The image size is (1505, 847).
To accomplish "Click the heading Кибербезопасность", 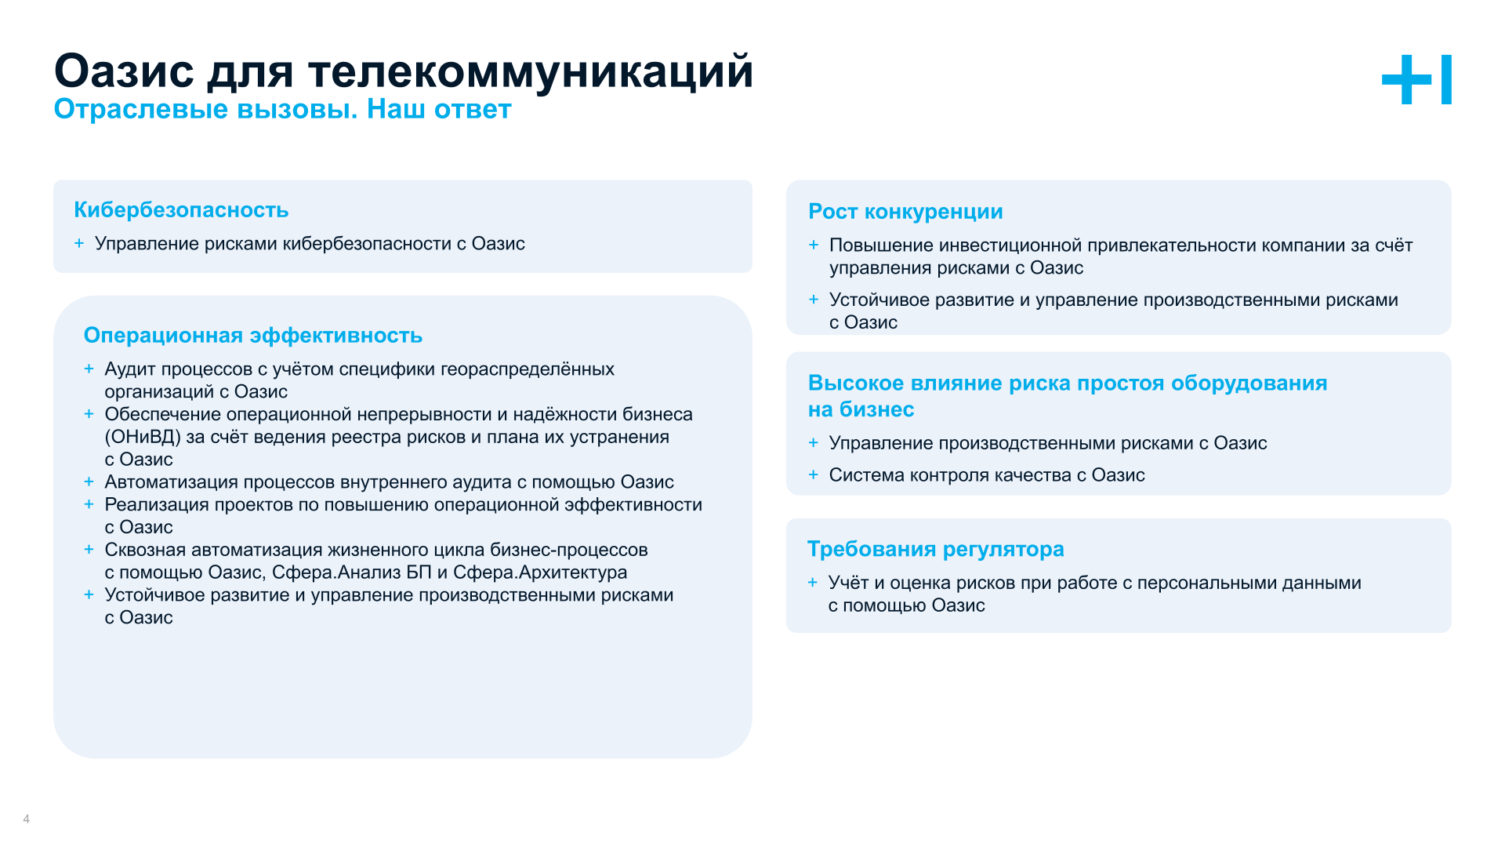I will pyautogui.click(x=181, y=210).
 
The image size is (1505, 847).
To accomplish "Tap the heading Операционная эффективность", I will pyautogui.click(x=252, y=336).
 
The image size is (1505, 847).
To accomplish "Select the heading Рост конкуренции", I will pyautogui.click(x=905, y=212).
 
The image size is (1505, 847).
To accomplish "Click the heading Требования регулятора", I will pyautogui.click(x=935, y=549).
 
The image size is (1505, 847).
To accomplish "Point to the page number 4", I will pyautogui.click(x=27, y=819).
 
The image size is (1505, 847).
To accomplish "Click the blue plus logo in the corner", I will pyautogui.click(x=1416, y=79).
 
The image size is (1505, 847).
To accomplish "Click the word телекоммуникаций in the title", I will pyautogui.click(x=530, y=71).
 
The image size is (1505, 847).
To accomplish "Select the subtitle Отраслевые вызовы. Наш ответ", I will pyautogui.click(x=282, y=109).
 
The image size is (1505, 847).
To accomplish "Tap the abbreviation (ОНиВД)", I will pyautogui.click(x=143, y=437).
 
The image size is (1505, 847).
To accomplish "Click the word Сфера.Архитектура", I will pyautogui.click(x=540, y=573).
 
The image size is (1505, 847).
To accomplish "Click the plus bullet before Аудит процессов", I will pyautogui.click(x=89, y=369).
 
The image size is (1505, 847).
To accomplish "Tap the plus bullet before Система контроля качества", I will pyautogui.click(x=814, y=474).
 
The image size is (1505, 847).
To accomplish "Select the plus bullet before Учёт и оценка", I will pyautogui.click(x=813, y=583).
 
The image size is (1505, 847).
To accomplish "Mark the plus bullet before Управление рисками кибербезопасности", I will pyautogui.click(x=79, y=243).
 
